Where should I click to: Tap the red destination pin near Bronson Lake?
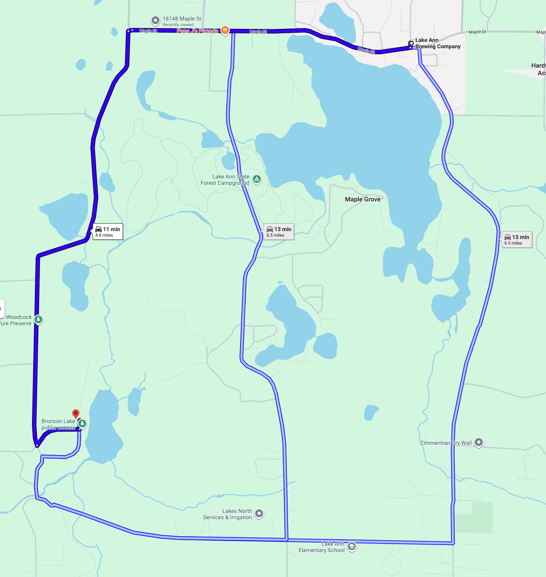tap(76, 414)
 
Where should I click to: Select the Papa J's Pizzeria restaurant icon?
tap(225, 30)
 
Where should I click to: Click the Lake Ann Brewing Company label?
tap(438, 43)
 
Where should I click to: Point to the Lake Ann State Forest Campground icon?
tap(257, 179)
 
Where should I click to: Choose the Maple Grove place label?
tap(362, 199)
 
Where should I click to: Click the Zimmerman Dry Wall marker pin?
tap(479, 442)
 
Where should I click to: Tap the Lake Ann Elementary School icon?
tap(351, 547)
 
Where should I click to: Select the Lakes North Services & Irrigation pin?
tap(259, 513)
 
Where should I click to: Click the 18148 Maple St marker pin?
tap(155, 20)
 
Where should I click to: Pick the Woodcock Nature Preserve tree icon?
tap(38, 319)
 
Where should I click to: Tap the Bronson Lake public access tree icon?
tap(82, 423)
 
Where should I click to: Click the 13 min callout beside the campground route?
tap(279, 232)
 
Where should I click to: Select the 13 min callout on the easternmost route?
tap(517, 239)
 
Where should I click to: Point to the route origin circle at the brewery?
tap(411, 43)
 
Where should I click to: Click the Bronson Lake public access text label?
tap(58, 424)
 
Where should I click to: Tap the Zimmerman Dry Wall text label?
tap(446, 443)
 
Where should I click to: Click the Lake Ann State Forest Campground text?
tap(225, 180)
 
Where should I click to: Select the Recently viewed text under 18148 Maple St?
tap(178, 25)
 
